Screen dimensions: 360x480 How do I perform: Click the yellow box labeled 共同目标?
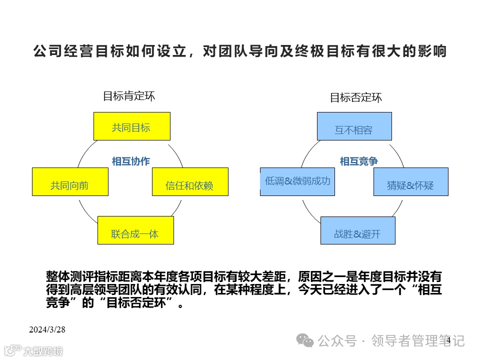coord(132,126)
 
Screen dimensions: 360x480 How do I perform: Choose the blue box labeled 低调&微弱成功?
coord(297,181)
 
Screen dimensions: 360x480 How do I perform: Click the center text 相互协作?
coord(130,161)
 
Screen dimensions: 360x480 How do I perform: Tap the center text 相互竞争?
coord(358,161)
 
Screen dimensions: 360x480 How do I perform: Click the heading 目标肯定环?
coord(129,96)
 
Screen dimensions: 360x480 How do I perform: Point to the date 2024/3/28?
coord(47,330)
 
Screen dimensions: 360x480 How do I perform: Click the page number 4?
coord(448,340)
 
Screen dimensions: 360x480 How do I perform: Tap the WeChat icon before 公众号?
coord(305,340)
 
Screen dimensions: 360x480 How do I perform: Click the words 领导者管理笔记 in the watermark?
coord(419,341)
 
